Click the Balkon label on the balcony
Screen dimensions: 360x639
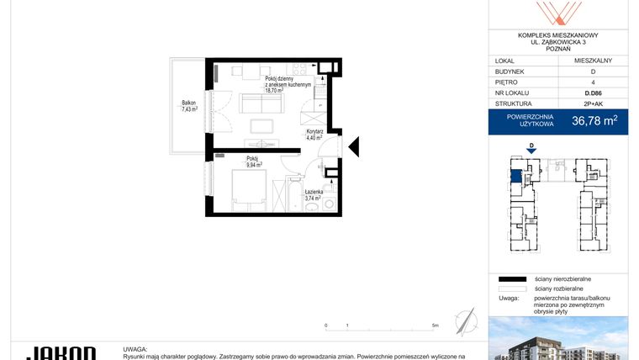tap(188, 103)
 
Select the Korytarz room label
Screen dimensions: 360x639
tap(314, 133)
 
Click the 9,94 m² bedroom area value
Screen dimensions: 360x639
tap(254, 165)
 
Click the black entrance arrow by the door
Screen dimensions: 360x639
tap(354, 147)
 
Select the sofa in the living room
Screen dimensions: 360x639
tap(261, 103)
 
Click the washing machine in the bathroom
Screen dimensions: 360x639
tap(330, 204)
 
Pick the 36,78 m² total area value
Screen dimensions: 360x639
tap(594, 120)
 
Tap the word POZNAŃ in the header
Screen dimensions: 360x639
tap(557, 49)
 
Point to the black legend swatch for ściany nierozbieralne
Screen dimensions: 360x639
tap(510, 278)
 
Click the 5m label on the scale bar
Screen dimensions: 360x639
tap(433, 325)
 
